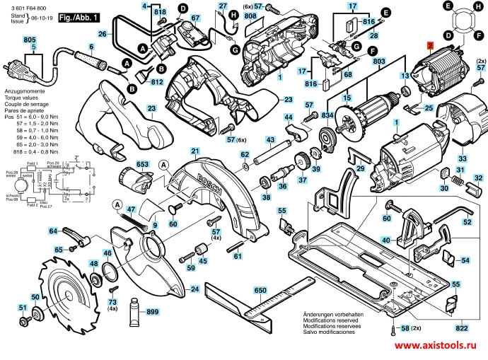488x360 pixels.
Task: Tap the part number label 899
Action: coord(153,312)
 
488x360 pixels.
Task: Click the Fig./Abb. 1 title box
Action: coord(79,16)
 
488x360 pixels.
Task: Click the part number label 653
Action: coord(142,164)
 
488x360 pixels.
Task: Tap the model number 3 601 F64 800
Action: coord(26,6)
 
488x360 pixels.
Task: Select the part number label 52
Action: coord(467,222)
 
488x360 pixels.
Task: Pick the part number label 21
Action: coord(196,150)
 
